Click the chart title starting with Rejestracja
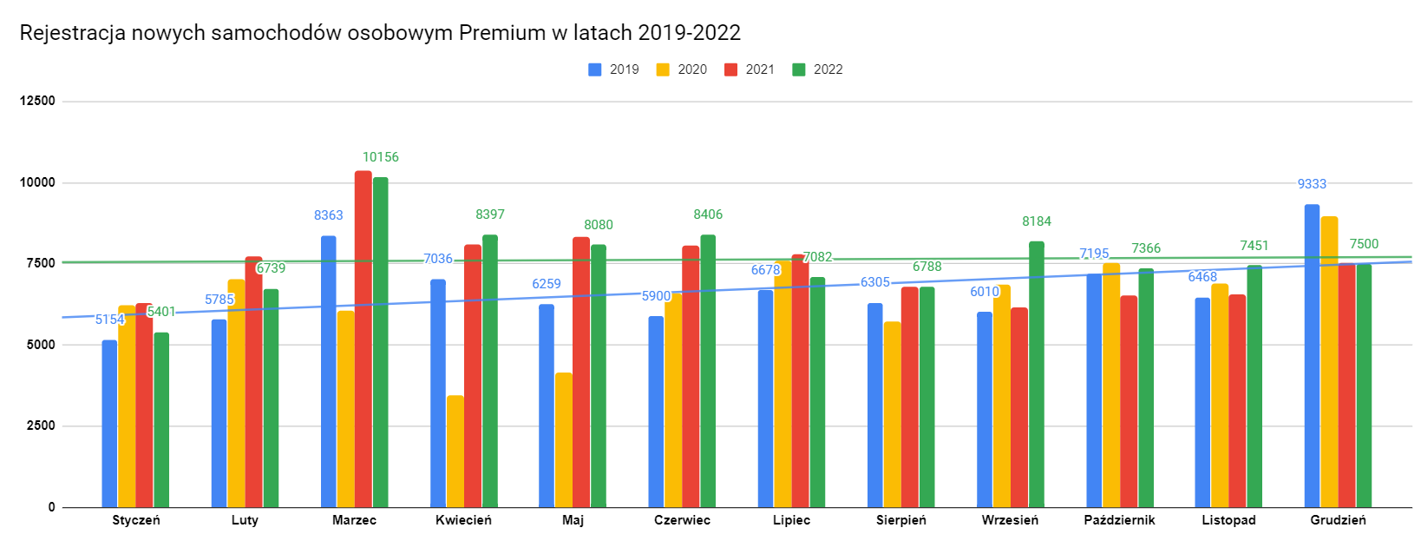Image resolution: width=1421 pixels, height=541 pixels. point(380,33)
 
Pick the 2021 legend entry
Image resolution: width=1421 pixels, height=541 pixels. point(750,69)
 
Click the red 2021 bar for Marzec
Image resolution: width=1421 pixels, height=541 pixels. point(363,339)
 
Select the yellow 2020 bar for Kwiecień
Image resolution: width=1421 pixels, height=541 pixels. point(455,452)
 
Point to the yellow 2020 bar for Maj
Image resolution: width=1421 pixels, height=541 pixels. point(564,440)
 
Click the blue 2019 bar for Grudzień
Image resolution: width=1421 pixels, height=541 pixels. point(1312,356)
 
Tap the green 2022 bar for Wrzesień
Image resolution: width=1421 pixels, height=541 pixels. point(1037,374)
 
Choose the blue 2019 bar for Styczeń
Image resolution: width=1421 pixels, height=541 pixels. point(109,424)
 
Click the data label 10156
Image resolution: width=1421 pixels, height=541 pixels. point(381,157)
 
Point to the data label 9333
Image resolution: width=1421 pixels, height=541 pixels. point(1312,184)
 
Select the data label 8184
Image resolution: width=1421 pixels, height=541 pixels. point(1037,221)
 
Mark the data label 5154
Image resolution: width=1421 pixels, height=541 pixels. point(110,320)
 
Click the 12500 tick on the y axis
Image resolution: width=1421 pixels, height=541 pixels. point(37,101)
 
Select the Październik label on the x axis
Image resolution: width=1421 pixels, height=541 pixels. point(1119,520)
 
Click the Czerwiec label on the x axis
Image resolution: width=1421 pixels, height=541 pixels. point(682,520)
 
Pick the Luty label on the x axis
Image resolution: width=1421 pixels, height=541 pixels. point(245,520)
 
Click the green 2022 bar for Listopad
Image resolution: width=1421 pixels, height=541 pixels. point(1254,386)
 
